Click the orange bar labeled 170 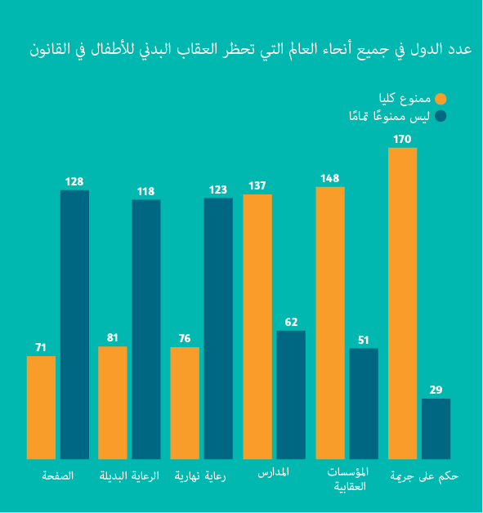(x=402, y=303)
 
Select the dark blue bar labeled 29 (x=436, y=429)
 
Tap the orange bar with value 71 (x=41, y=407)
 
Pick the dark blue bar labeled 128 (x=74, y=324)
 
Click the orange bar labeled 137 (x=257, y=327)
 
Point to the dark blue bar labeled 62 (x=291, y=395)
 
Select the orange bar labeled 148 (x=330, y=323)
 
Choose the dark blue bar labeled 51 (x=364, y=404)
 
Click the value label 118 (x=146, y=192)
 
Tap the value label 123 (x=218, y=190)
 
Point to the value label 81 (x=113, y=338)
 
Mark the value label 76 (x=185, y=339)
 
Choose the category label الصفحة (x=58, y=475)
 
